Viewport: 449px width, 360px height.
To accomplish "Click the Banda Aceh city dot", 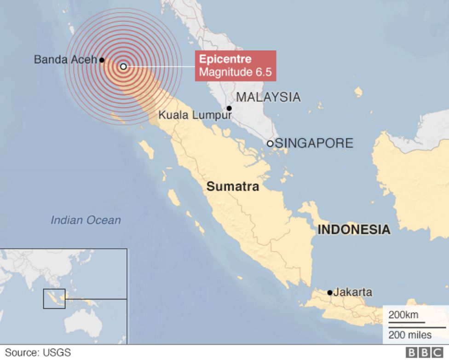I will pyautogui.click(x=102, y=60).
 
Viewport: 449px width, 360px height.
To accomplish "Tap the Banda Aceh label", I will pyautogui.click(x=65, y=59).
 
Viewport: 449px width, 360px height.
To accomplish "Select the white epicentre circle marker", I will pyautogui.click(x=123, y=66).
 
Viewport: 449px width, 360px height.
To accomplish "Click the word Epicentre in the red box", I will pyautogui.click(x=225, y=59).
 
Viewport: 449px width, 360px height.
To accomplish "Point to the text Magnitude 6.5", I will pyautogui.click(x=235, y=72).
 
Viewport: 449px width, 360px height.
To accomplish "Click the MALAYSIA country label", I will pyautogui.click(x=268, y=97).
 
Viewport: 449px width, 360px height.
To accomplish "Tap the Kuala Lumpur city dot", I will pyautogui.click(x=229, y=109).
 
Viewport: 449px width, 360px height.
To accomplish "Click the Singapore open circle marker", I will pyautogui.click(x=270, y=144).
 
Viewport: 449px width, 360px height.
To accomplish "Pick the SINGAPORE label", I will pyautogui.click(x=314, y=143).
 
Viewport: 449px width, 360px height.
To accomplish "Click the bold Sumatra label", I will pyautogui.click(x=233, y=187).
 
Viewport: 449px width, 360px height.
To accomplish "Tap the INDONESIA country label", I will pyautogui.click(x=354, y=230).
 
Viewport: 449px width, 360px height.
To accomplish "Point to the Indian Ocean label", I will pyautogui.click(x=86, y=220).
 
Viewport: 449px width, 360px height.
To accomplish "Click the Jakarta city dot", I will pyautogui.click(x=330, y=292).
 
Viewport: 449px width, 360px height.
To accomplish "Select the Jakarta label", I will pyautogui.click(x=352, y=292).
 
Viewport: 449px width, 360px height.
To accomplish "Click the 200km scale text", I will pyautogui.click(x=404, y=316).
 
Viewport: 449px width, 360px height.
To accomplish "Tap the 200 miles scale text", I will pyautogui.click(x=410, y=335).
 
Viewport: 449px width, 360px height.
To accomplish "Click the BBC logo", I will pyautogui.click(x=424, y=352).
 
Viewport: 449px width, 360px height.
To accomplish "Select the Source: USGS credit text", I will pyautogui.click(x=38, y=353).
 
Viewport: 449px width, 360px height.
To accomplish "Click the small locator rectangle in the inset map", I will pyautogui.click(x=54, y=299).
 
